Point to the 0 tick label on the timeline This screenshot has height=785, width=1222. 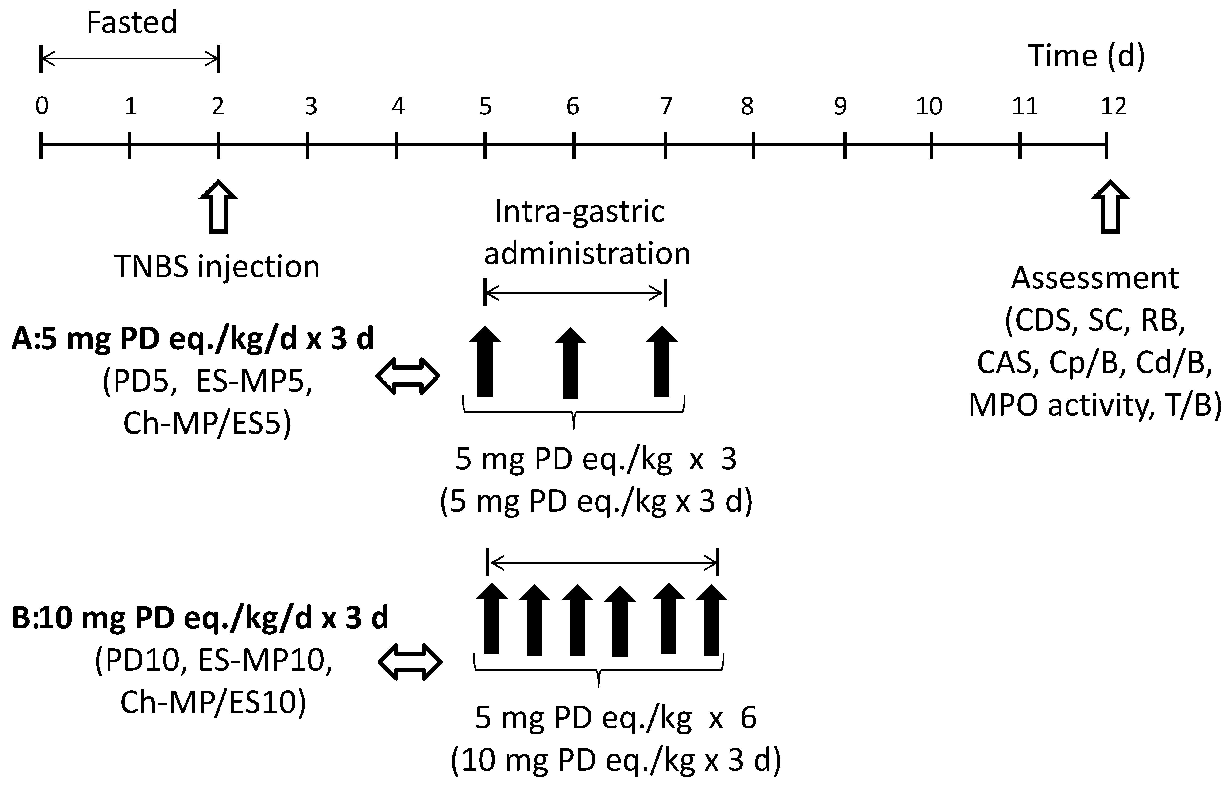pos(42,106)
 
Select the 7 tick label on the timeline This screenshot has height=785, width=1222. pos(665,106)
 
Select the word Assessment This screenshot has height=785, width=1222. pos(1094,278)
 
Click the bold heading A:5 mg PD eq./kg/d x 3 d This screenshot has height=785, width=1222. pos(193,339)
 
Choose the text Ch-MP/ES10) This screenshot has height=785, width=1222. pos(213,702)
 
